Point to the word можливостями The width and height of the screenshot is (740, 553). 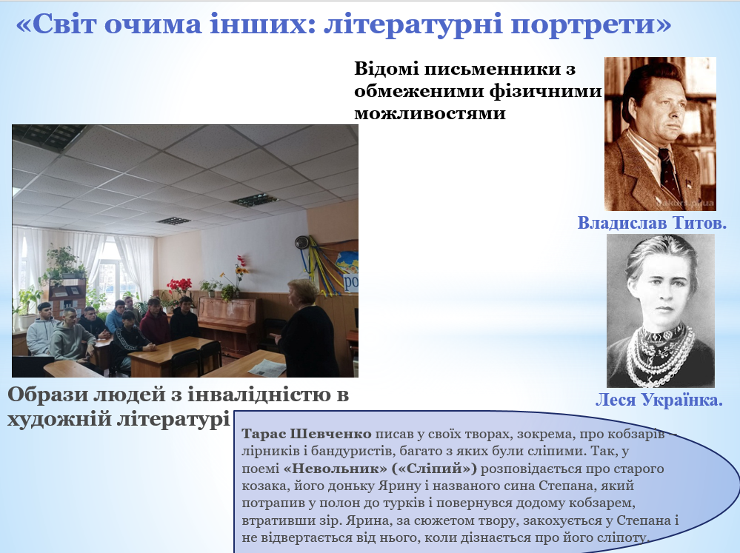430,113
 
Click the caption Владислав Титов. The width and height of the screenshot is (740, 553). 652,223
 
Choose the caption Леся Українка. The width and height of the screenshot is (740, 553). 659,400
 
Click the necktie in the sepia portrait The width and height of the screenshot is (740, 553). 669,174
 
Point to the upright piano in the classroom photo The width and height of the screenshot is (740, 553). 230,324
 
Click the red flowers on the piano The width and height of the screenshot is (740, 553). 179,285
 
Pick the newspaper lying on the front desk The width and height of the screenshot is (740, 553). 267,367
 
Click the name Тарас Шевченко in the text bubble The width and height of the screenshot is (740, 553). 307,434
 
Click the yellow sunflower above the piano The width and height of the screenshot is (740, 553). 241,271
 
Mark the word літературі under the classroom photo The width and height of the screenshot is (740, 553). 173,419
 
